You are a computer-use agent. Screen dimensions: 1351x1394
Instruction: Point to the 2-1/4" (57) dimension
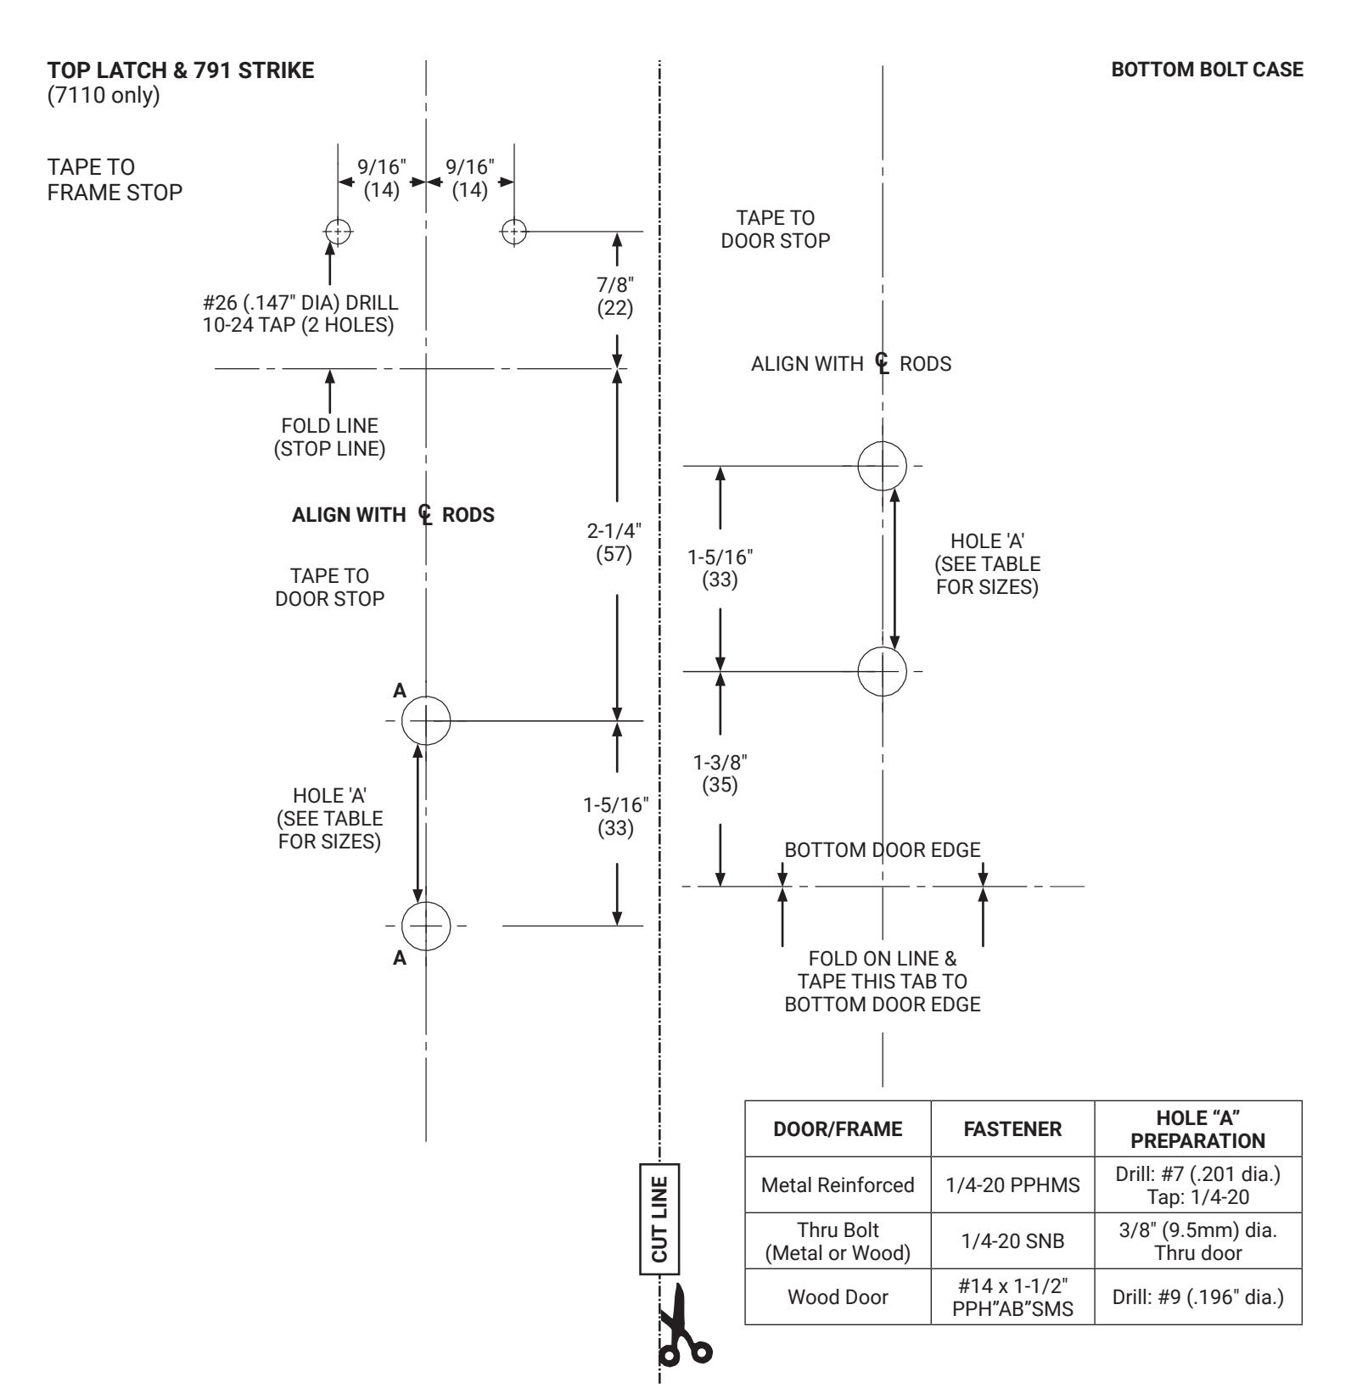(x=614, y=543)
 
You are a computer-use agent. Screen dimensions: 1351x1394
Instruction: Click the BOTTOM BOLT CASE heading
(x=1208, y=70)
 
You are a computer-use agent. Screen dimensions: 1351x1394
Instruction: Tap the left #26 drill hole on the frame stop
(x=338, y=231)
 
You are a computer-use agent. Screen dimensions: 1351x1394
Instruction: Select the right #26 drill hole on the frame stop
(x=513, y=231)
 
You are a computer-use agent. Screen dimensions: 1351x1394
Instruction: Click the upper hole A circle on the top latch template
(x=426, y=721)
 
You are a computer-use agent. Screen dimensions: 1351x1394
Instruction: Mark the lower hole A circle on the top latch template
(x=426, y=926)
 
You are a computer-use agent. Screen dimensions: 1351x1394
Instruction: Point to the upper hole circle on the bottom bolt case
(x=883, y=466)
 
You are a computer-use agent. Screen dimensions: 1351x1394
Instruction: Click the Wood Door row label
(x=838, y=1296)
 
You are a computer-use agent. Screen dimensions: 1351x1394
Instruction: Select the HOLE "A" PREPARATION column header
(x=1198, y=1128)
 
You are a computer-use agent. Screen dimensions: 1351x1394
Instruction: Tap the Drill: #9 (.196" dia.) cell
(x=1198, y=1296)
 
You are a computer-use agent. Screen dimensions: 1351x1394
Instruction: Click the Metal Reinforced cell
(x=838, y=1184)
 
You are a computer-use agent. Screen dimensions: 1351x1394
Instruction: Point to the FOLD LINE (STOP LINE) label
(x=329, y=437)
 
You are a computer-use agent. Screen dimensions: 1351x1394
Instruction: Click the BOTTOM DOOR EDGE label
(x=883, y=849)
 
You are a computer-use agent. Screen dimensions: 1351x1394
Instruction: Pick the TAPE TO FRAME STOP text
(x=115, y=179)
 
